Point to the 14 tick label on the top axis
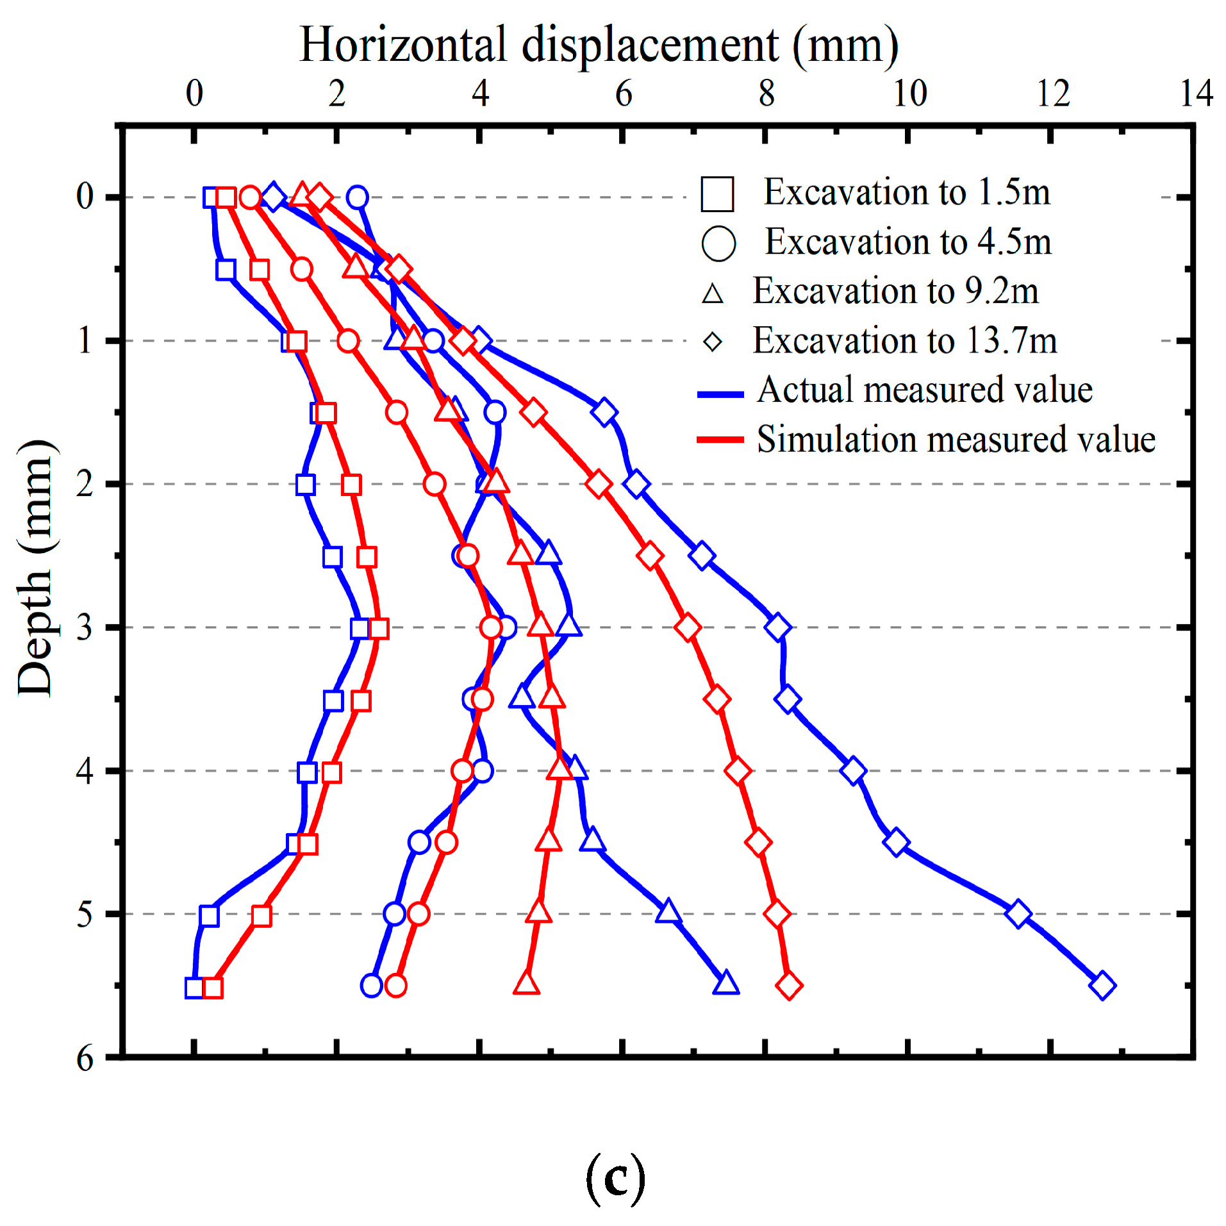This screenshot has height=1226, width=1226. point(1196,94)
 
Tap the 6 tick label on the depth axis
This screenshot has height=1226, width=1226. point(85,1059)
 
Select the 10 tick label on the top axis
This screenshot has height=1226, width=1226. point(909,94)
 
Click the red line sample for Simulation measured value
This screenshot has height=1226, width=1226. point(720,440)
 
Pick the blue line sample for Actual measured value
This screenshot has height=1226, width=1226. point(720,394)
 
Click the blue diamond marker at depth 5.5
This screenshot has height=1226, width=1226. point(1102,986)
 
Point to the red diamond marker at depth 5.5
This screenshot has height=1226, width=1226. point(789,986)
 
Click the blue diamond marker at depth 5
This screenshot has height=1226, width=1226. point(1018,914)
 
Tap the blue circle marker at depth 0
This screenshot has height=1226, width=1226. point(358,197)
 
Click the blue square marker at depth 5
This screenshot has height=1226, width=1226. point(209,916)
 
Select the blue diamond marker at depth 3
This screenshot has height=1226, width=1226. point(777,627)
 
